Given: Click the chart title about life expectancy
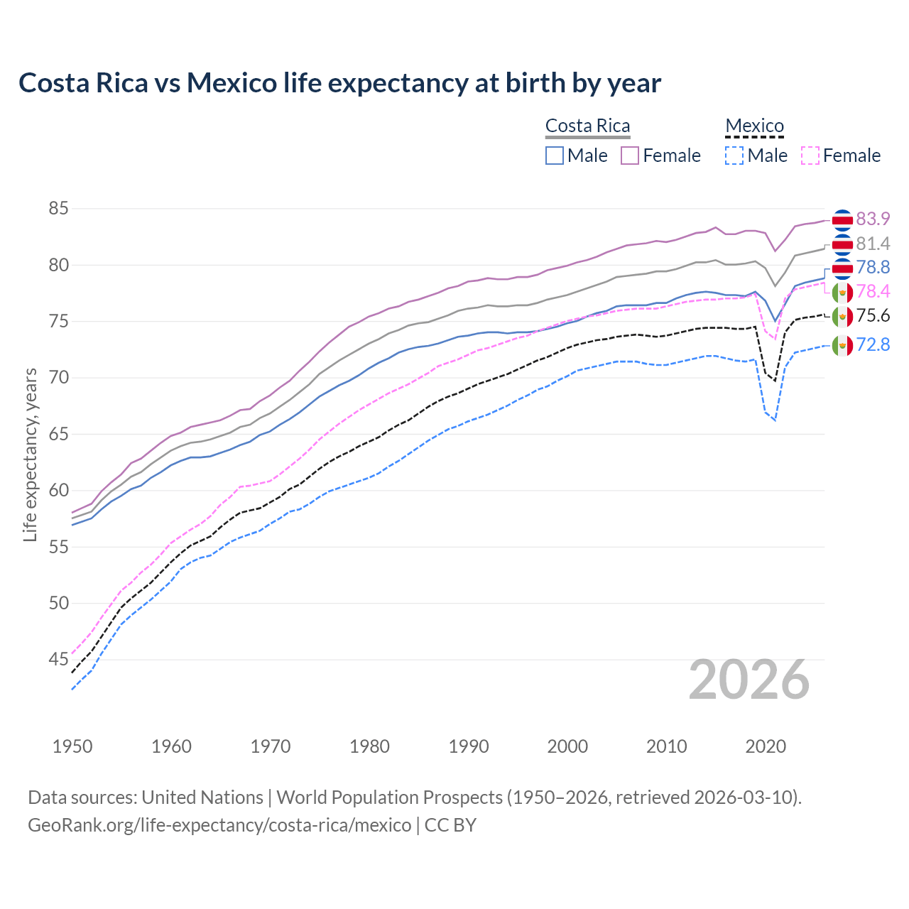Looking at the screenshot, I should [x=339, y=83].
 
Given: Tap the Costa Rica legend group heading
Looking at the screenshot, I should [x=587, y=126].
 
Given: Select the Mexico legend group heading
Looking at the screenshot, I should [x=754, y=126].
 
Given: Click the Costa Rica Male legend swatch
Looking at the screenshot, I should [x=555, y=156].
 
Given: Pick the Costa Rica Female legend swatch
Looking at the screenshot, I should [x=630, y=156].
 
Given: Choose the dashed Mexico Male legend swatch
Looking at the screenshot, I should [x=734, y=156].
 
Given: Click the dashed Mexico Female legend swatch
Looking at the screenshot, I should [x=810, y=156].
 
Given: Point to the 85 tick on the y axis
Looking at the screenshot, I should [x=58, y=209].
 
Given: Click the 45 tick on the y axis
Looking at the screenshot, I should [x=58, y=660].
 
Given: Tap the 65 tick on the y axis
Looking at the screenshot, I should [x=58, y=434].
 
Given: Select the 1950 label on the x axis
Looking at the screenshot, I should [x=72, y=746].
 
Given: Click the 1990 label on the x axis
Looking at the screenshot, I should [x=469, y=746].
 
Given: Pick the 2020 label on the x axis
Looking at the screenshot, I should [x=766, y=746].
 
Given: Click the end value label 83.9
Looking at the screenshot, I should [x=873, y=219].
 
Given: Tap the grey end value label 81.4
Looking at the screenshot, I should [x=873, y=244].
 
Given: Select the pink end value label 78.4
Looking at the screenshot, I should [x=873, y=291].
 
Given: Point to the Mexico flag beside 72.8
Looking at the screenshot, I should [x=842, y=345].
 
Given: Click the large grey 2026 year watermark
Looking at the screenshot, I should [x=749, y=680].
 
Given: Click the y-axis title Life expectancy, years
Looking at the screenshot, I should [x=30, y=454].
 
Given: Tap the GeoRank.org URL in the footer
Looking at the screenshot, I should [x=219, y=825].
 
